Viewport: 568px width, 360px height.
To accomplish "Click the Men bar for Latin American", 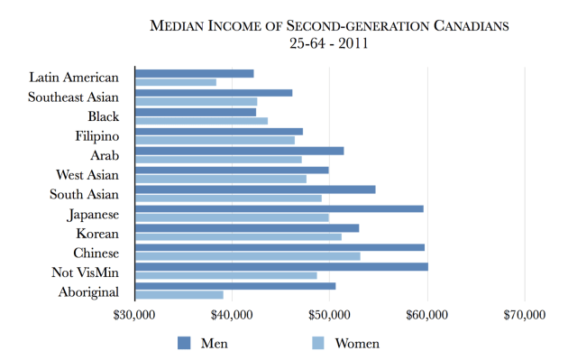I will tap(194, 73).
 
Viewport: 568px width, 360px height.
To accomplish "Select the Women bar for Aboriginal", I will tap(179, 294).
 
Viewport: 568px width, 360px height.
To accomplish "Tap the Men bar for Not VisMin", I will tap(281, 266).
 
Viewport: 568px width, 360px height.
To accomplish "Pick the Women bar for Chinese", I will tap(247, 255).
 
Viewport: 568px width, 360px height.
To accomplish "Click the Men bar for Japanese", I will tap(279, 208).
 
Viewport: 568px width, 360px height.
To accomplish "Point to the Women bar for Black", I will tap(201, 121).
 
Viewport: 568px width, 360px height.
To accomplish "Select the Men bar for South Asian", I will tap(255, 189).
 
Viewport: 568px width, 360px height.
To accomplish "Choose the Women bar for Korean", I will tap(238, 236).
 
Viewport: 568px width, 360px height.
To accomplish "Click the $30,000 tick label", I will tap(135, 315).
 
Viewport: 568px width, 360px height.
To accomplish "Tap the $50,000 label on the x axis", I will tap(330, 315).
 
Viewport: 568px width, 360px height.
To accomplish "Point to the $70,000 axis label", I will tap(525, 315).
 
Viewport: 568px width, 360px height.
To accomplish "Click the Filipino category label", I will tap(104, 136).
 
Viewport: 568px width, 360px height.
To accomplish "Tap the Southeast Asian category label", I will tap(79, 97).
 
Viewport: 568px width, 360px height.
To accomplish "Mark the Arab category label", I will tap(113, 155).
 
